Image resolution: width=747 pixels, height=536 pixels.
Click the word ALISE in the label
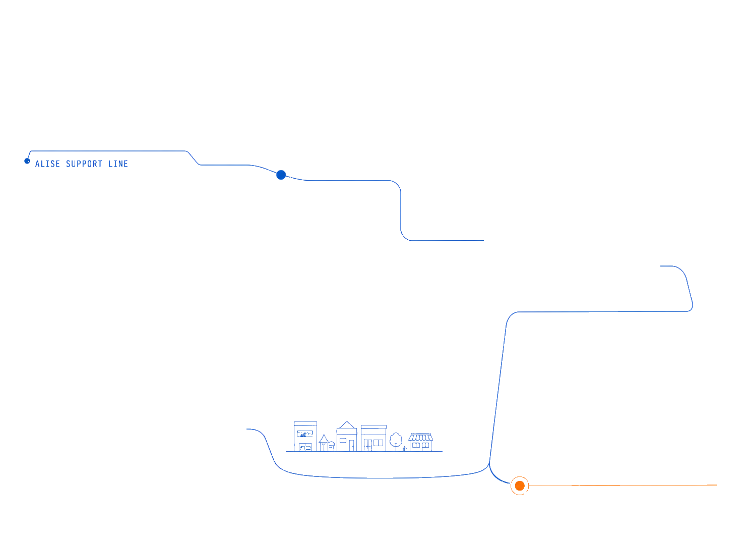coord(48,164)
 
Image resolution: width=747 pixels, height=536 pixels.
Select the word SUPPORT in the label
coord(84,164)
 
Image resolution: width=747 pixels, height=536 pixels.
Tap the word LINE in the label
coord(118,164)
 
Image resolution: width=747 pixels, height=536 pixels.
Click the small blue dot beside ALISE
coord(27,162)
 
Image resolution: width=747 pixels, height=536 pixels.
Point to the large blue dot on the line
coord(281,175)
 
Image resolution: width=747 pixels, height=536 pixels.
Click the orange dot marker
coord(520,486)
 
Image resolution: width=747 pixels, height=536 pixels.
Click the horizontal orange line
coord(622,485)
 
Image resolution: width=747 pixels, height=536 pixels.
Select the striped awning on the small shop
coord(420,437)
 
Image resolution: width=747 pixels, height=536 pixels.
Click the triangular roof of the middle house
coord(347,425)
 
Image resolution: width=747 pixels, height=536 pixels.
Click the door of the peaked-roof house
coord(351,446)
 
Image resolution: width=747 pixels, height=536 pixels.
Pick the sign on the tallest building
coord(305,434)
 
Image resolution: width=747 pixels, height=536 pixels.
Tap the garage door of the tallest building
coord(305,447)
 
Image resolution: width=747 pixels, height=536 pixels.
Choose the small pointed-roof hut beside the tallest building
coord(324,443)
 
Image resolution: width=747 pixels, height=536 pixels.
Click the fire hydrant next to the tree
coord(404,449)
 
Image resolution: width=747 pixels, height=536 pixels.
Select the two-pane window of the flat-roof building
coord(378,443)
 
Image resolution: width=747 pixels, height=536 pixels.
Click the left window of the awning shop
coord(416,445)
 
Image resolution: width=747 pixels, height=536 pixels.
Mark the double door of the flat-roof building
coord(368,446)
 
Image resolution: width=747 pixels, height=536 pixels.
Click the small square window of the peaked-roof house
coord(343,440)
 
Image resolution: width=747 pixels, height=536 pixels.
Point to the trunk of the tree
coord(396,448)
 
